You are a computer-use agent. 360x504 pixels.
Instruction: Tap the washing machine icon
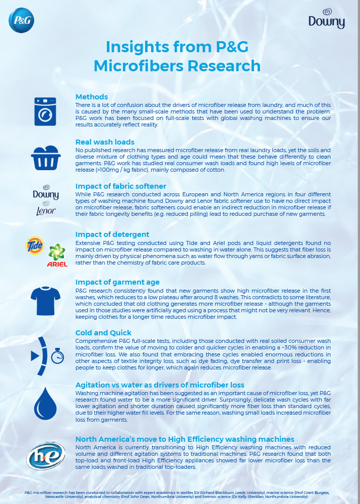coord(46,111)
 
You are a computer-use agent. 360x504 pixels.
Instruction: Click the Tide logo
coord(35,245)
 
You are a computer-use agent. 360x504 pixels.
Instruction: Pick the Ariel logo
coord(57,255)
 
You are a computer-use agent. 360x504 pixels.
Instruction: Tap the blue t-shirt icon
coord(46,300)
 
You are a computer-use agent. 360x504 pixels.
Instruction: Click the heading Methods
coord(91,96)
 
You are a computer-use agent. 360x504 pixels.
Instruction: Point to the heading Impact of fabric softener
coord(121,186)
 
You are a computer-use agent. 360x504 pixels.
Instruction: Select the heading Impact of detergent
coord(112,234)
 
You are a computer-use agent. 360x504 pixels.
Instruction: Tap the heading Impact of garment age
coord(117,282)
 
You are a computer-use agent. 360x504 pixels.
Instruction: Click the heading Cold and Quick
coord(103,332)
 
